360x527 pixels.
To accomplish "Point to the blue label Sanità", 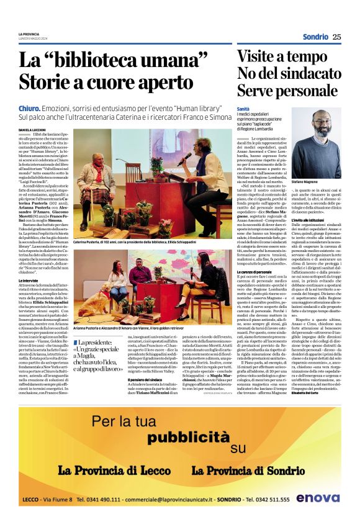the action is (243, 109).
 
